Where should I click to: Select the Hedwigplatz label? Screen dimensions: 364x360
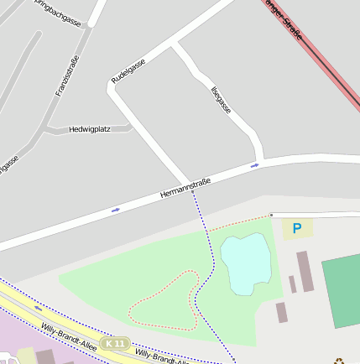tap(90, 129)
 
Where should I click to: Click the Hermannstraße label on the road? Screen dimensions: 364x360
tap(185, 189)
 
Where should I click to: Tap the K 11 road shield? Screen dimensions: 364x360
tap(115, 344)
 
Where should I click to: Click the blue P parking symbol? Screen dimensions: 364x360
tap(296, 227)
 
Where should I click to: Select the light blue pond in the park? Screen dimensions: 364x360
tap(245, 263)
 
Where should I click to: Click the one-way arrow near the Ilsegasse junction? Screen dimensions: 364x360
tap(255, 165)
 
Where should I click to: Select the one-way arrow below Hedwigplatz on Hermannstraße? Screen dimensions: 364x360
tap(115, 210)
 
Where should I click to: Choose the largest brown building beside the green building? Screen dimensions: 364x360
tap(305, 271)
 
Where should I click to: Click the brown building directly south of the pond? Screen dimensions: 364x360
tap(281, 313)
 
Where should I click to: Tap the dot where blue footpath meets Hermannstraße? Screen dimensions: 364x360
tap(192, 191)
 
